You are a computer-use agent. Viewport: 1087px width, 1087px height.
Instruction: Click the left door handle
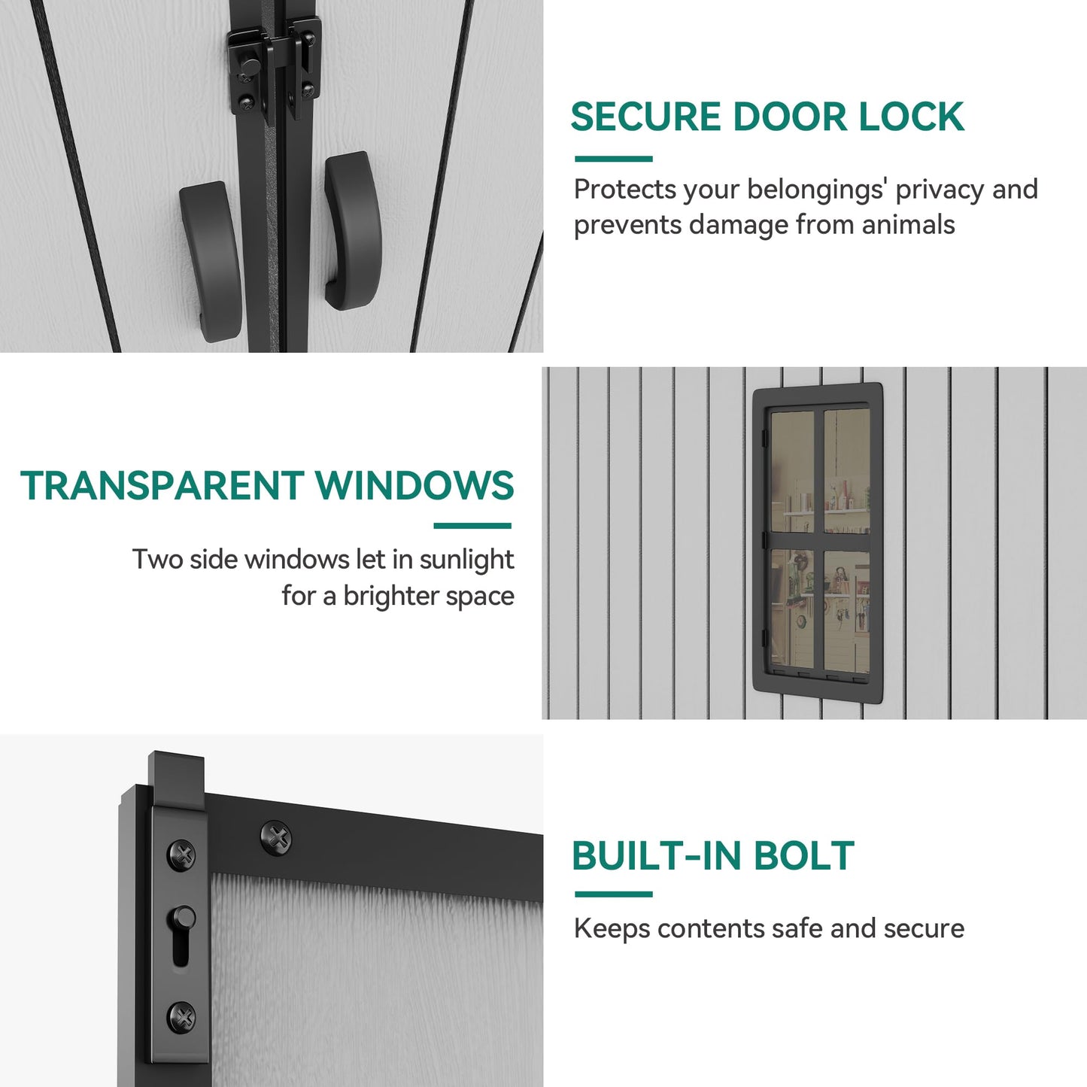211,260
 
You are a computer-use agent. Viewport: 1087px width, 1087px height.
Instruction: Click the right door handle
353,230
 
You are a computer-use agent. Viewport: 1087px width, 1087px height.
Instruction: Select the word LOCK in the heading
911,117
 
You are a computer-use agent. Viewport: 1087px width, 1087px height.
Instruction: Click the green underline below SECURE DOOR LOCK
613,159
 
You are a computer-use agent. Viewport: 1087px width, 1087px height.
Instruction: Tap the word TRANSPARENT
162,486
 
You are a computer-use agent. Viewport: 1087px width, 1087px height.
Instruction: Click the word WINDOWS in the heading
414,486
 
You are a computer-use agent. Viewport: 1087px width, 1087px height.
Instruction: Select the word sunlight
466,560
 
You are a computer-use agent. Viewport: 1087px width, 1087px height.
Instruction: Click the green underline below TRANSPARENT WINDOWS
472,526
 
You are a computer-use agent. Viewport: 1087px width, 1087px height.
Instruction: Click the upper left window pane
792,471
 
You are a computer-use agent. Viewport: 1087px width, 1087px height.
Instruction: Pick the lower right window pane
846,611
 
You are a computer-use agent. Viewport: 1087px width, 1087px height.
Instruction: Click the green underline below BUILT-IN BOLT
613,894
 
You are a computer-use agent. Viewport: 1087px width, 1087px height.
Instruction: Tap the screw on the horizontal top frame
276,838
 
